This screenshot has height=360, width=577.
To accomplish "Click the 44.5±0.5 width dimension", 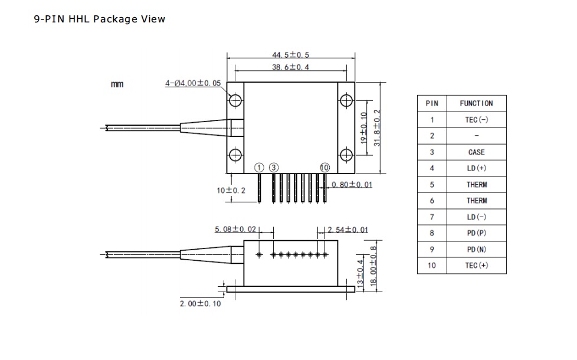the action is tap(291, 55).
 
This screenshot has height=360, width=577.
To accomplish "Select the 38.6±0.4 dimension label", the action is tap(291, 67).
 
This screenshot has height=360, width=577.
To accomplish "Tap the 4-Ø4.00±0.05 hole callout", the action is tap(193, 83).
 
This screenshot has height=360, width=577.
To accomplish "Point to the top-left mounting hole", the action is tap(235, 100).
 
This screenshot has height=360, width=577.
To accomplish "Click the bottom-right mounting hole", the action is tap(346, 155).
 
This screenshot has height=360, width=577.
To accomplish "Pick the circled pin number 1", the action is tap(259, 168).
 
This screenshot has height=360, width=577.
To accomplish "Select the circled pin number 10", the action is tap(324, 168).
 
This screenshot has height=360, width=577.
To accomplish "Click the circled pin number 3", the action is tap(274, 168).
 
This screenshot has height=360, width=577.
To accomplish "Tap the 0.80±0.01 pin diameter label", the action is tap(352, 184).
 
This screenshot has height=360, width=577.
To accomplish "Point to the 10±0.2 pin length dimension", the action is tap(231, 190).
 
